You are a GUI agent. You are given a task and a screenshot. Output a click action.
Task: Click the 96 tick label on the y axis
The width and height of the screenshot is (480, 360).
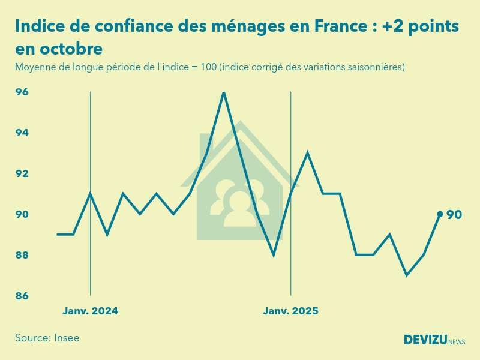point(22,92)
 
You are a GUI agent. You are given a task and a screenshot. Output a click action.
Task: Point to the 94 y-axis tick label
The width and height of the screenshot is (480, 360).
point(22,133)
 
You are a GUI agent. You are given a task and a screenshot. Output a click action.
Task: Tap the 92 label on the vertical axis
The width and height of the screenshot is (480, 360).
point(22,174)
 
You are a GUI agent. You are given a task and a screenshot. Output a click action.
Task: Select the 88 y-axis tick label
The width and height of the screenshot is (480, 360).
point(22,256)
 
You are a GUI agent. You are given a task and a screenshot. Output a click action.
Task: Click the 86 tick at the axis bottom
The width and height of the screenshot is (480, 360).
point(22,296)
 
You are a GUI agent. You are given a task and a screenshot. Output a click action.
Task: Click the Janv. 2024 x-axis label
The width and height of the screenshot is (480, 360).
point(91,311)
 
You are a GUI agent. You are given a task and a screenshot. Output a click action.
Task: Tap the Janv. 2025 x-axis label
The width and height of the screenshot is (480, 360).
point(291,311)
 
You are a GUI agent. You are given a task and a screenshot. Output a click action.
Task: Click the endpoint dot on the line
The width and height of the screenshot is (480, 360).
point(440,214)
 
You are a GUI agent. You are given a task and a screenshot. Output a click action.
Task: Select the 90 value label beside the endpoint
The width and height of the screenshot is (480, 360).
point(454,215)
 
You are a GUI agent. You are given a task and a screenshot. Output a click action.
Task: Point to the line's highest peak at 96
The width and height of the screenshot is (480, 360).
point(224,92)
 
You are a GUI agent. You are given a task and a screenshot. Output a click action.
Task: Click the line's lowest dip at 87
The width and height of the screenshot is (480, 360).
point(407,275)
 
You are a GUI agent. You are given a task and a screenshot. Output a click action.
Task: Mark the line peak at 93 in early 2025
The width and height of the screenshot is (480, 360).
point(307,153)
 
